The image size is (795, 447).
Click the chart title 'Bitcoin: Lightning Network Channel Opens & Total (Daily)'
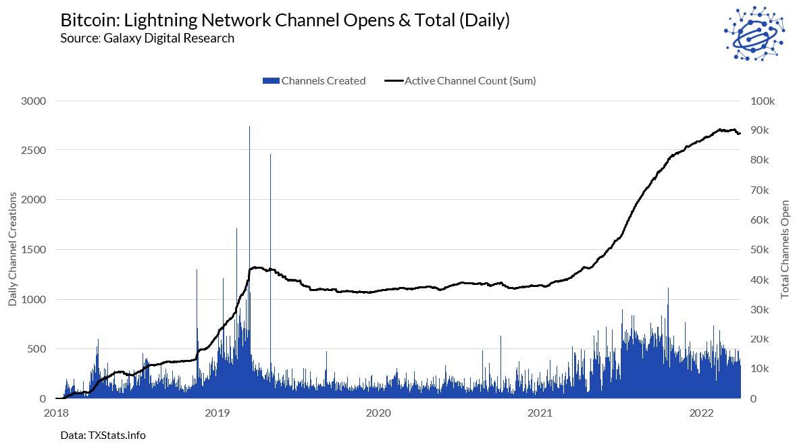pyautogui.click(x=284, y=20)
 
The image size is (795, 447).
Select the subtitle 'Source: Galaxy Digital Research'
pyautogui.click(x=147, y=38)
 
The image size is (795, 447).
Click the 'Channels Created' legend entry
pyautogui.click(x=315, y=81)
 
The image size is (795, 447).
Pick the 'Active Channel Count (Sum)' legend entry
pyautogui.click(x=461, y=81)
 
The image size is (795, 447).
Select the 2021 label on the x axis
pyautogui.click(x=540, y=412)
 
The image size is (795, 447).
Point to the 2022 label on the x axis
pyautogui.click(x=702, y=412)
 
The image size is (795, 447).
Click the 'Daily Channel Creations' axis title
pyautogui.click(x=13, y=249)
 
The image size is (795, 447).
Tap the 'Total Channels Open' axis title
pyautogui.click(x=785, y=249)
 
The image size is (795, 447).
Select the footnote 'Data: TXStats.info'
pyautogui.click(x=103, y=435)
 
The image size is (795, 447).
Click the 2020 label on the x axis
pyautogui.click(x=378, y=412)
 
